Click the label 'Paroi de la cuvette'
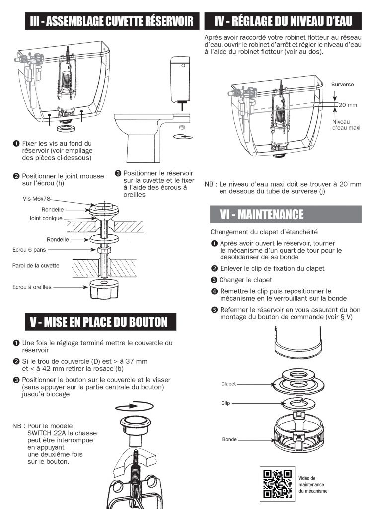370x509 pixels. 35,265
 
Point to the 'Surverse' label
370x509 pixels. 343,85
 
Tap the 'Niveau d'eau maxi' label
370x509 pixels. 346,125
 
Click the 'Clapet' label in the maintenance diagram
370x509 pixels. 229,384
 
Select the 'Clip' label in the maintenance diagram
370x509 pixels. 226,403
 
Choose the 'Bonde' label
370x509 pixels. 229,440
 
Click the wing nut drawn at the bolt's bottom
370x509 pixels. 103,289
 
